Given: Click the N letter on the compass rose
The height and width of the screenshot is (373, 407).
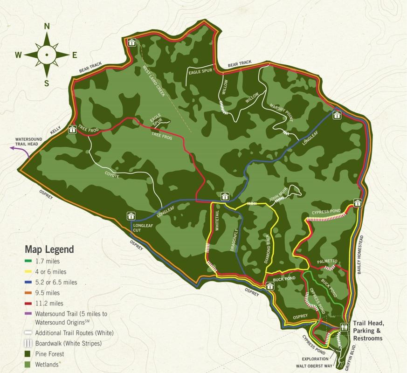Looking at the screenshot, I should pyautogui.click(x=47, y=27).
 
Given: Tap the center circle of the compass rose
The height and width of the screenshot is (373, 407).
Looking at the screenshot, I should pyautogui.click(x=47, y=55).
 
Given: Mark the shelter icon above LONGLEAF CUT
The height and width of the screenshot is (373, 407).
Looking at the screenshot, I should pyautogui.click(x=131, y=216).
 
